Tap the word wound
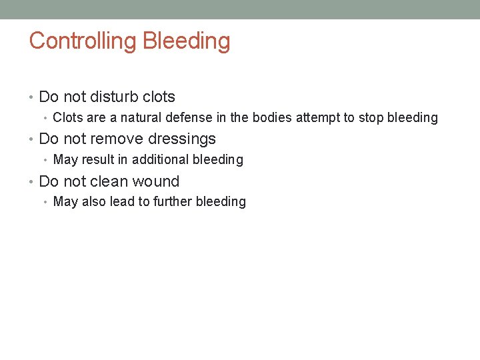pyautogui.click(x=156, y=181)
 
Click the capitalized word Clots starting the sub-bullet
pyautogui.click(x=67, y=118)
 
